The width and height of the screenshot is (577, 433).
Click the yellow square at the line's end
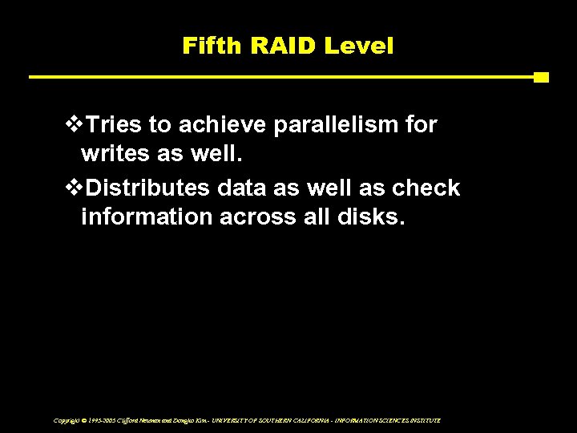[541, 78]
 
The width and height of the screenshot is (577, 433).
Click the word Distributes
[151, 188]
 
